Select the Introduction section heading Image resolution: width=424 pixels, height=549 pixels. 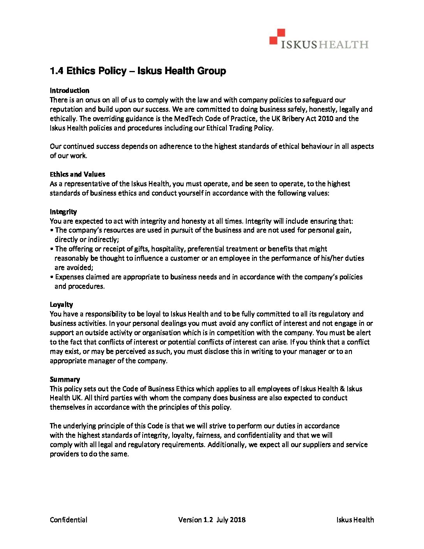pyautogui.click(x=69, y=90)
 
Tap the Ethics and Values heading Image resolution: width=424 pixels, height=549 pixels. pyautogui.click(x=77, y=174)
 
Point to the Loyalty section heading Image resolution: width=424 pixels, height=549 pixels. pyautogui.click(x=61, y=305)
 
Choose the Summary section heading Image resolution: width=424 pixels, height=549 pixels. pyautogui.click(x=65, y=379)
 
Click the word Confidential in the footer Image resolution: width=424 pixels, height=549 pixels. pyautogui.click(x=69, y=520)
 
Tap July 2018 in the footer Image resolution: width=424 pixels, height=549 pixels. pyautogui.click(x=231, y=520)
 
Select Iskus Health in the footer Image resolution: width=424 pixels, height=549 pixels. pyautogui.click(x=355, y=520)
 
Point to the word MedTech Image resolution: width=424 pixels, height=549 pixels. pyautogui.click(x=188, y=119)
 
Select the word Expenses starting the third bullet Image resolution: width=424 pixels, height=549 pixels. pyautogui.click(x=69, y=277)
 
